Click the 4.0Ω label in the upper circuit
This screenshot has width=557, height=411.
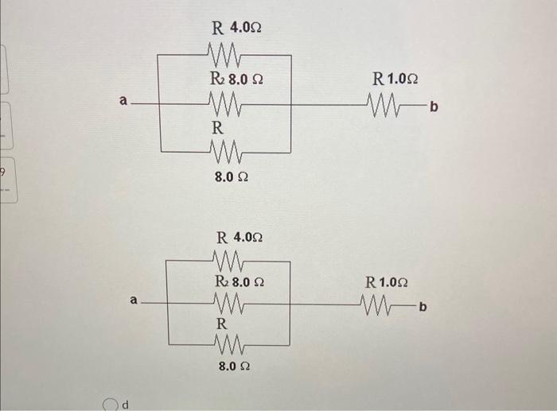pos(246,29)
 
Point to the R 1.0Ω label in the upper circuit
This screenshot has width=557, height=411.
pos(395,79)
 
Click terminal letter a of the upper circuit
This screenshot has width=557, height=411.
pos(123,101)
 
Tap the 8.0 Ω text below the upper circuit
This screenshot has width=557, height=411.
pos(231,177)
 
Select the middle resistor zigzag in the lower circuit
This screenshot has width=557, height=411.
pos(231,304)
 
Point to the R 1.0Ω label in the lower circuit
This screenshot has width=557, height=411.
pos(386,281)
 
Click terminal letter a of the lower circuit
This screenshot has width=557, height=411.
pos(134,300)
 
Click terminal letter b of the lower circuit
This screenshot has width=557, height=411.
pos(423,305)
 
